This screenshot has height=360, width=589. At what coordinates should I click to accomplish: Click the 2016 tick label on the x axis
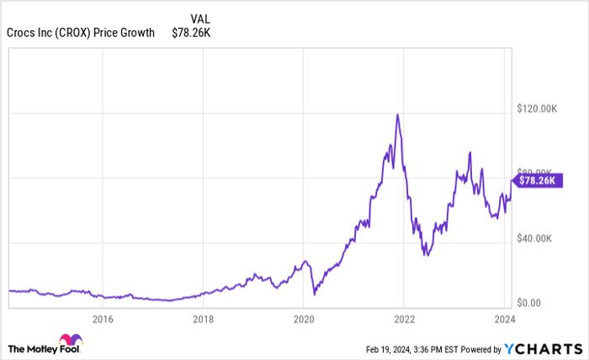point(102,319)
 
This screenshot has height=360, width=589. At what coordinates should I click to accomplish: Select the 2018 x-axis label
point(203,319)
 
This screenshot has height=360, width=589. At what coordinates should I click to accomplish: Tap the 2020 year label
point(303,319)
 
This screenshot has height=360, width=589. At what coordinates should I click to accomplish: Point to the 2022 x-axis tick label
point(404,319)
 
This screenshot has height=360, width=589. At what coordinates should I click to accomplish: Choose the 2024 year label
point(504,319)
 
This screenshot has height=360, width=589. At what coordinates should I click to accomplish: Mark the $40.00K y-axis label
point(533,238)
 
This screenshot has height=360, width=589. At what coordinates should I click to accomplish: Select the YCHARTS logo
point(542,347)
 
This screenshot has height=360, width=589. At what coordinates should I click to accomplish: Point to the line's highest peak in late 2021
point(397,114)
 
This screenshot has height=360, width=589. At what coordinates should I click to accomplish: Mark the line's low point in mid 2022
point(427,254)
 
